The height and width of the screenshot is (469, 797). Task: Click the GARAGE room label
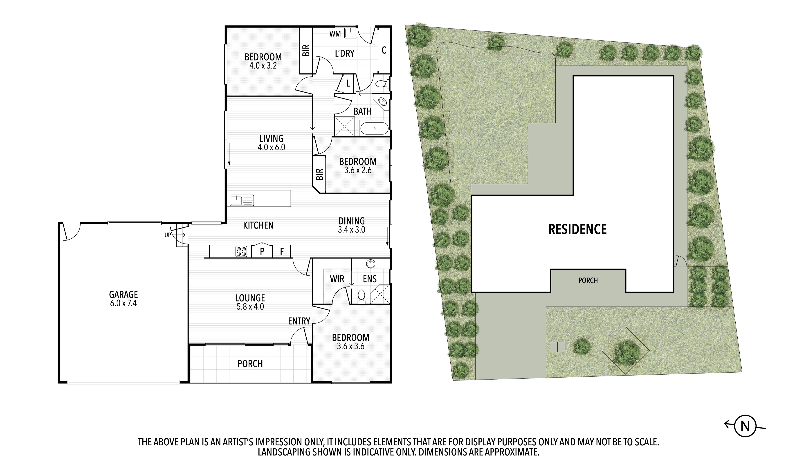(x=123, y=295)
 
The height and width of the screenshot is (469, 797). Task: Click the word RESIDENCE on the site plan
(x=577, y=229)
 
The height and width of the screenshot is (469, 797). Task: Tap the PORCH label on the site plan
(x=588, y=280)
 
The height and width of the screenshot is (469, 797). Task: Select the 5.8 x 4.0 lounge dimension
(x=250, y=307)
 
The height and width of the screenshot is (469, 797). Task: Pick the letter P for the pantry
(x=262, y=251)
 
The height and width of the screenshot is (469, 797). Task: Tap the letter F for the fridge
(x=282, y=251)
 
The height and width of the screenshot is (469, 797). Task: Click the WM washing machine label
(x=335, y=34)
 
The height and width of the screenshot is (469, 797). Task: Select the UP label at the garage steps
(x=168, y=235)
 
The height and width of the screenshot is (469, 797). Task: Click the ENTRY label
(x=299, y=321)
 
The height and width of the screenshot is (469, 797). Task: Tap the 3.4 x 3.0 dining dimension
(x=351, y=230)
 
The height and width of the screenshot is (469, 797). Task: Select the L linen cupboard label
(x=348, y=84)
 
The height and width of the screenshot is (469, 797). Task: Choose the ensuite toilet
(x=361, y=296)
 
